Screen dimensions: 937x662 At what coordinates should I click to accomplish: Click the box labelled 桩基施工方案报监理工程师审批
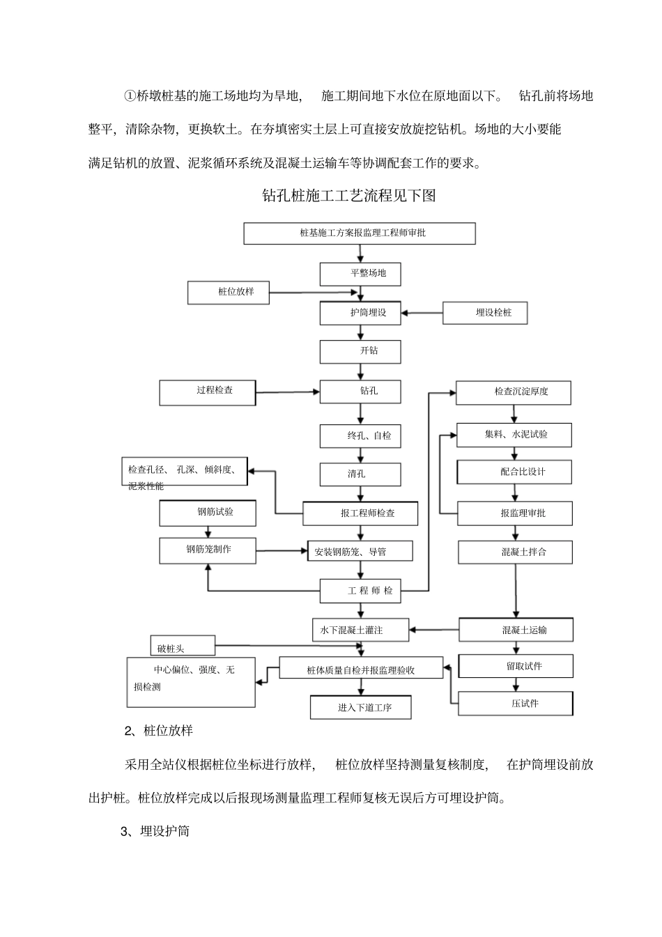pos(359,233)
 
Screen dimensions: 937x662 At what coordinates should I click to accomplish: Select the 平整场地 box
pos(360,274)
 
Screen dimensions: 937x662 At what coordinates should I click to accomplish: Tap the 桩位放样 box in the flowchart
pos(229,293)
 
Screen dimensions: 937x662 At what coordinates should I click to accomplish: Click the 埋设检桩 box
pos(485,313)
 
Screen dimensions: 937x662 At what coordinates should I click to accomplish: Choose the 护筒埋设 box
pos(360,313)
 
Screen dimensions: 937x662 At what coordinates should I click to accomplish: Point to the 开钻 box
pos(360,351)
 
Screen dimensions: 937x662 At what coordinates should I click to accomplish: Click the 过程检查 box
pos(207,392)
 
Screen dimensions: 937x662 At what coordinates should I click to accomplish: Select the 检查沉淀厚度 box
pos(514,392)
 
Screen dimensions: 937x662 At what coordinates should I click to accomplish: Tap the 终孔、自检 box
pos(360,436)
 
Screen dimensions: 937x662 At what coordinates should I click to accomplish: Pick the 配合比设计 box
pos(514,472)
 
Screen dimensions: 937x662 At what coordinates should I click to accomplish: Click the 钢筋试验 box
pos(207,513)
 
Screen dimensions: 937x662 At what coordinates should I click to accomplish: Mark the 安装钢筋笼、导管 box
pos(360,552)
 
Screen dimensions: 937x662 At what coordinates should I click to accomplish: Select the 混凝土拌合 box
pos(515,552)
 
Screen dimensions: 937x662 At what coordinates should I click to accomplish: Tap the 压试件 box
pos(516,703)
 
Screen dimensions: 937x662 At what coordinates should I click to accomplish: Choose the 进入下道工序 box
pos(360,708)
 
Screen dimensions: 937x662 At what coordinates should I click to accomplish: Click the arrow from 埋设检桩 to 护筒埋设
pos(422,313)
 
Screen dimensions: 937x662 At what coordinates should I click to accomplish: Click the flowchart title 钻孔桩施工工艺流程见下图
pos(348,196)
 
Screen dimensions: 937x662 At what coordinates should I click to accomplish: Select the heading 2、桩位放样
pos(158,731)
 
